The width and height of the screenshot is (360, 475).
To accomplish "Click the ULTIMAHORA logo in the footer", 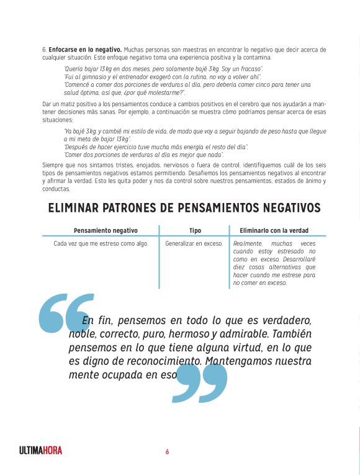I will tap(40, 451).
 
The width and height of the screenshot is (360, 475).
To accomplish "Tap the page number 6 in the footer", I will tap(167, 451).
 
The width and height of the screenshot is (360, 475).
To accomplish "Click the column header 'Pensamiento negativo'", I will tap(106, 230).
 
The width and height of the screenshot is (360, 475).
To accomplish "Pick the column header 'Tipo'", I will tap(195, 230).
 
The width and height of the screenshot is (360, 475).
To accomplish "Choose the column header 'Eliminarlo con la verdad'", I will tap(274, 230).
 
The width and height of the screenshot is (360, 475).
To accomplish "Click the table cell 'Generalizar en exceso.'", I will tap(194, 243).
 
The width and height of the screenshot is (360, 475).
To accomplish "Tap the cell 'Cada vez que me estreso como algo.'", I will tap(101, 243).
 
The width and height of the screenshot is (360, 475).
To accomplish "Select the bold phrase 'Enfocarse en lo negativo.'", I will tap(85, 49).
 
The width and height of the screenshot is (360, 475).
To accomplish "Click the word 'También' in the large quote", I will tap(284, 335).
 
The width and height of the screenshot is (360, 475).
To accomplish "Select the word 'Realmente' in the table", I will tap(246, 243).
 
